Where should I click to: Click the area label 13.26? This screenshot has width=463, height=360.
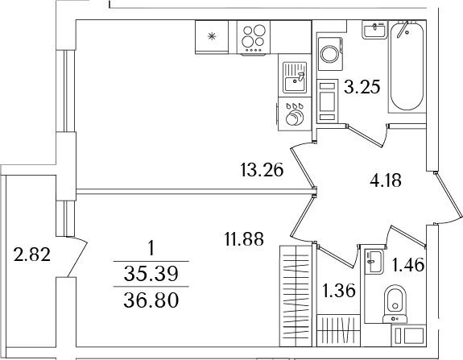(262, 170)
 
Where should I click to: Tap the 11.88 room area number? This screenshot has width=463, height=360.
(244, 239)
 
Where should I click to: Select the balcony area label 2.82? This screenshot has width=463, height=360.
(32, 254)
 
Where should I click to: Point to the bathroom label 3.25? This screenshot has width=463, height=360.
(362, 86)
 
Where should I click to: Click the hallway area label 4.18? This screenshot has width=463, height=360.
(386, 180)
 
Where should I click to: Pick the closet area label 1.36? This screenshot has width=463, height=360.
(338, 291)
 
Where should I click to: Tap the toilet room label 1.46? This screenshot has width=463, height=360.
(408, 265)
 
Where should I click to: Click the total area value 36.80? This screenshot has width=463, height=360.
(151, 300)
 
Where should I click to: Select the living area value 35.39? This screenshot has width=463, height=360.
(151, 274)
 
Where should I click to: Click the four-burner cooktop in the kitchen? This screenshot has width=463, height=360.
(254, 38)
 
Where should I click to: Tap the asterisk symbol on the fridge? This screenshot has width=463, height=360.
(211, 36)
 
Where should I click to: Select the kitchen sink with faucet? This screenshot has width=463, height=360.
(295, 77)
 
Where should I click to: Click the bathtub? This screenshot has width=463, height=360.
(407, 67)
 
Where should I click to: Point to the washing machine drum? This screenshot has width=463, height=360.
(329, 54)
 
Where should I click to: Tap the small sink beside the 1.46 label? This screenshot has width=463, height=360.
(374, 261)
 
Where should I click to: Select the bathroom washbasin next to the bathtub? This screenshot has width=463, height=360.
(374, 30)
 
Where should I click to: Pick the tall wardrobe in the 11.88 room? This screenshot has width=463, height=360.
(296, 296)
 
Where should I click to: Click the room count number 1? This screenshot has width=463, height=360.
(151, 248)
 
